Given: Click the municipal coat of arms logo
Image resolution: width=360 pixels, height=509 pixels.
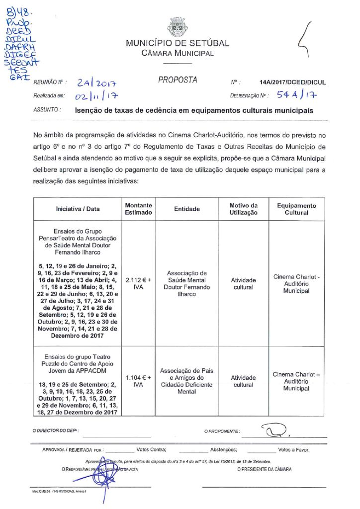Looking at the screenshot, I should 178,27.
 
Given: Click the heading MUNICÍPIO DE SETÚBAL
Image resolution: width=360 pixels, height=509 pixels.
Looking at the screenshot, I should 178,43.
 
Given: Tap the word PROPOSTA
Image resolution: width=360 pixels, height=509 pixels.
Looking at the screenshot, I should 178,80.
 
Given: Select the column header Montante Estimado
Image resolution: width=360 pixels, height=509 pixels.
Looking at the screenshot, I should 139,209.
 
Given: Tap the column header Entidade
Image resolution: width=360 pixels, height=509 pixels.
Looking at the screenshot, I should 186,209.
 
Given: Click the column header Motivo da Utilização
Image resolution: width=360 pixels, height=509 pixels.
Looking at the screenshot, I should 244,209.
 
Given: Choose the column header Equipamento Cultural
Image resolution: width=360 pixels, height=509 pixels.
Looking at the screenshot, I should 296,209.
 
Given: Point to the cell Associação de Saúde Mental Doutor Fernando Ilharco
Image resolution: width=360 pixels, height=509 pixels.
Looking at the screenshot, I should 186,283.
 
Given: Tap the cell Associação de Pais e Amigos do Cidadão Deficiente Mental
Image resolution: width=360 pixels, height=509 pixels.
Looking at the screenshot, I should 186,381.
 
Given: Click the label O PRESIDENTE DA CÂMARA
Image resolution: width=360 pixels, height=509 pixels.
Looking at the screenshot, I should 265,469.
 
